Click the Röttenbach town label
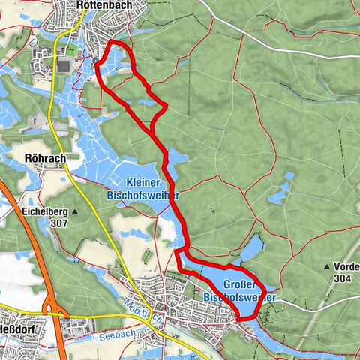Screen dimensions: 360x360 coord(104,7)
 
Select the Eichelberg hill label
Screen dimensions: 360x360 coord(41,211)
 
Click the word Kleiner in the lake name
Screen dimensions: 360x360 coord(142,182)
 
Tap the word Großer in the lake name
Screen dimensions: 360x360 coord(241,285)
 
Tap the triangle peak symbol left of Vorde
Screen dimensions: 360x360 coord(326,266)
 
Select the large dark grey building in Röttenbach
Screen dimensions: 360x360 coord(65,67)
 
